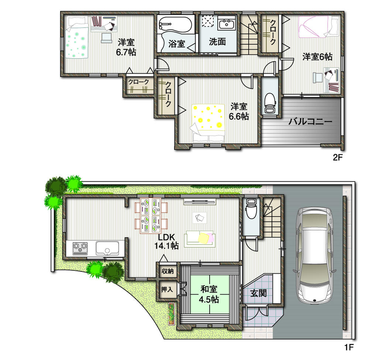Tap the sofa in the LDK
(199, 239)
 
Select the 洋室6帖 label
(317, 57)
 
